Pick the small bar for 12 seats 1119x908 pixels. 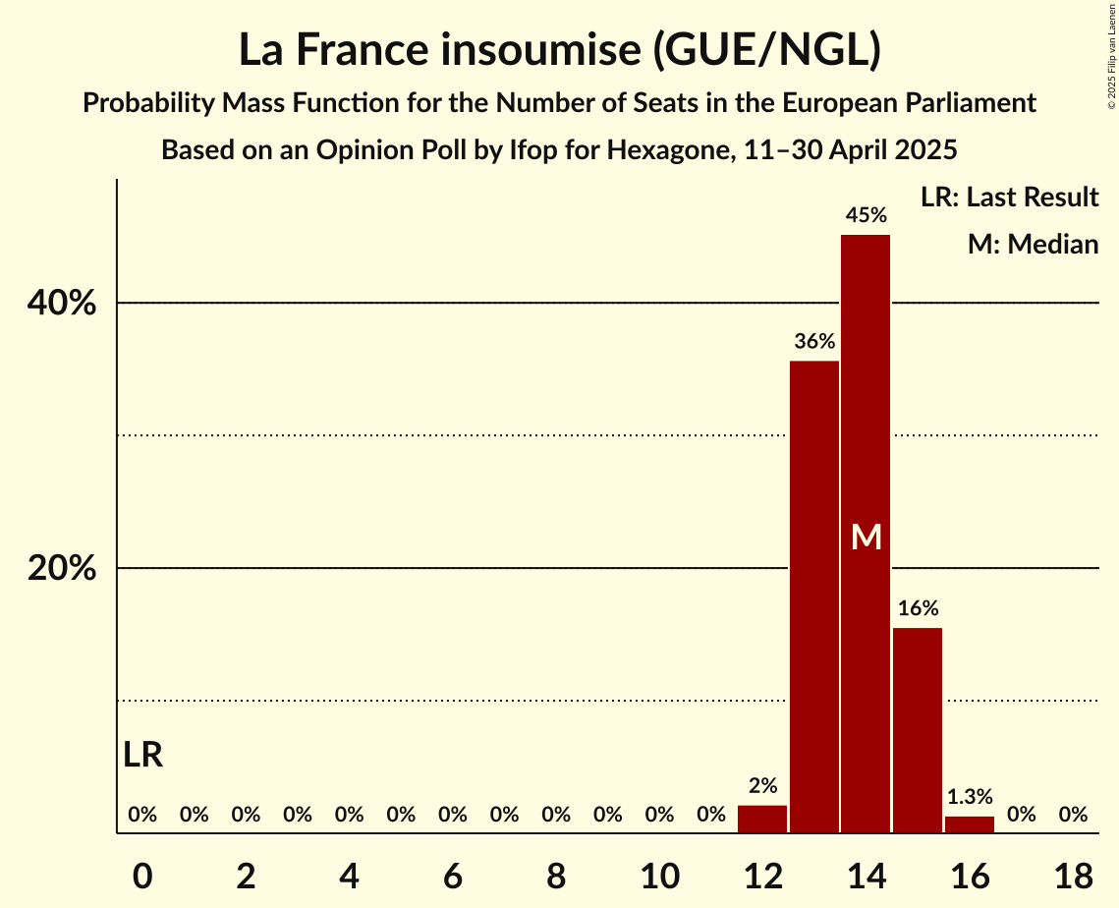[762, 819]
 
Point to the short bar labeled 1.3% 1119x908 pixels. [970, 824]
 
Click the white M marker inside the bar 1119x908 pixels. [867, 537]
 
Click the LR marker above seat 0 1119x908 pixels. [143, 755]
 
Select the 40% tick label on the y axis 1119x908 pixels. [62, 304]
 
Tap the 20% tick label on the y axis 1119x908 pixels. [62, 569]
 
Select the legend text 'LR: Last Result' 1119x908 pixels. [1009, 198]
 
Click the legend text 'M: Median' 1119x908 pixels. [1033, 244]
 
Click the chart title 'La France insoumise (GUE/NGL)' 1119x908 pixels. [559, 51]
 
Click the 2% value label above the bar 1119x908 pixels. [762, 785]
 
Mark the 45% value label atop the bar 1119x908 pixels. [866, 214]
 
